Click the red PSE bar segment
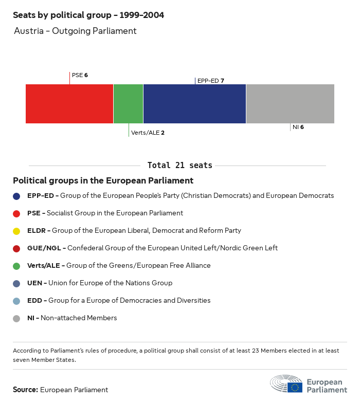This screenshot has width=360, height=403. pyautogui.click(x=69, y=104)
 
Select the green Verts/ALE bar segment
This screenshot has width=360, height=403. pyautogui.click(x=128, y=104)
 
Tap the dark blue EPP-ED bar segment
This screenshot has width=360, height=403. pyautogui.click(x=194, y=104)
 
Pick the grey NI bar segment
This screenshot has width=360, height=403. pyautogui.click(x=290, y=104)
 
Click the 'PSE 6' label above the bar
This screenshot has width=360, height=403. pyautogui.click(x=80, y=75)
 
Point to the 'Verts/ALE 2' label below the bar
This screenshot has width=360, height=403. pyautogui.click(x=148, y=133)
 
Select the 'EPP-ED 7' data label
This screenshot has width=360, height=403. pyautogui.click(x=210, y=81)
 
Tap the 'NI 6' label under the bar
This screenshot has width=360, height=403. pyautogui.click(x=298, y=127)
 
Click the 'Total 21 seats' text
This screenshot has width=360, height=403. pyautogui.click(x=179, y=166)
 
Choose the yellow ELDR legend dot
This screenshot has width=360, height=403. pyautogui.click(x=16, y=231)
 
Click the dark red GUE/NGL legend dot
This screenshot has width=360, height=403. pyautogui.click(x=16, y=248)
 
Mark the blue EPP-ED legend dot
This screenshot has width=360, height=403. pyautogui.click(x=16, y=196)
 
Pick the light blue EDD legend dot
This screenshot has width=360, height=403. pyautogui.click(x=16, y=301)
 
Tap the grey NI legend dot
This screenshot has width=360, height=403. pyautogui.click(x=16, y=318)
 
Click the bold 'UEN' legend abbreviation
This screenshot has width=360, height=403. pyautogui.click(x=34, y=283)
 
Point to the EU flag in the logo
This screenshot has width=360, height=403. pyautogui.click(x=295, y=387)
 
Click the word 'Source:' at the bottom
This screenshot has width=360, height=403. pyautogui.click(x=25, y=390)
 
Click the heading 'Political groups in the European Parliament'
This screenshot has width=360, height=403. pyautogui.click(x=103, y=180)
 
